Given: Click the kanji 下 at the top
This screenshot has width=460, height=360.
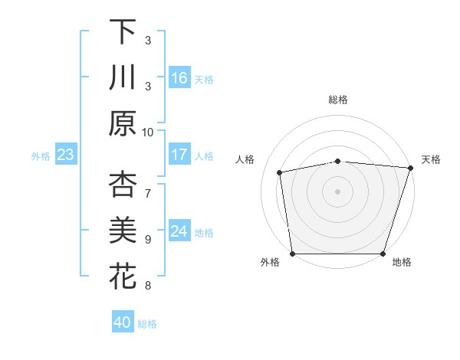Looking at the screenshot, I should [x=123, y=32].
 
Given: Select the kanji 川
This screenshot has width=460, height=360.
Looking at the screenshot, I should [x=123, y=78].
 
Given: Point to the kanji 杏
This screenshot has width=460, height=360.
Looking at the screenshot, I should [x=123, y=185].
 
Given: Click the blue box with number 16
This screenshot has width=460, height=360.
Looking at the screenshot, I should [x=179, y=77].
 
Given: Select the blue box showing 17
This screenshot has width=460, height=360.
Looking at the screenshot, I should [x=179, y=155].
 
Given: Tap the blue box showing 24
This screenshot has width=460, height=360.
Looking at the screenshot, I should [x=179, y=231].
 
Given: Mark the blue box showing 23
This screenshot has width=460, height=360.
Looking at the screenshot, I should [x=66, y=155].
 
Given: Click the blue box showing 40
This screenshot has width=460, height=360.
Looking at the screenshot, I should [x=123, y=322].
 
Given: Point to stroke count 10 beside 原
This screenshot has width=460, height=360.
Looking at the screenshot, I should [x=148, y=132].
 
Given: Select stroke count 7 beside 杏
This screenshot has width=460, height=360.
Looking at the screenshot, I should [x=148, y=193].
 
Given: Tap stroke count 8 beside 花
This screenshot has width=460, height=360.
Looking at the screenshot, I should [x=148, y=286].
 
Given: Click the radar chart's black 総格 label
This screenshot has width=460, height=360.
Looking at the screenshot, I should [x=338, y=100].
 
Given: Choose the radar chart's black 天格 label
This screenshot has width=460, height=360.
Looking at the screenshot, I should [x=431, y=159].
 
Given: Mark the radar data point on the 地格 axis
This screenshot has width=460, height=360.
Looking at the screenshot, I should [x=383, y=254].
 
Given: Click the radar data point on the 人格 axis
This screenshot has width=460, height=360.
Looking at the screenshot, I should [x=280, y=172].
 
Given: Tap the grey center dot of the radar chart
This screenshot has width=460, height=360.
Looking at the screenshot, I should [x=338, y=191].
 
